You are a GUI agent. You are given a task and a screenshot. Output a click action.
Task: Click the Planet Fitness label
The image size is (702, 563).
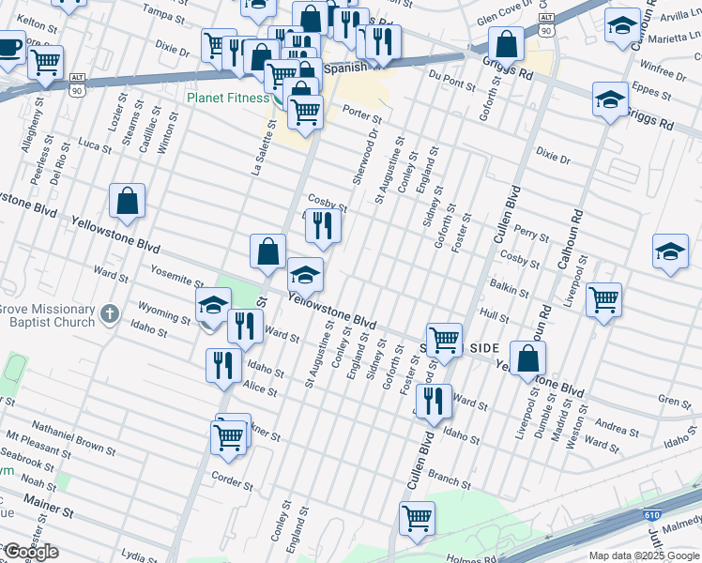pos(229,97)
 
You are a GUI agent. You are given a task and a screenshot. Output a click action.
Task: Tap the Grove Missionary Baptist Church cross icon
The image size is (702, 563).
pos(110,312)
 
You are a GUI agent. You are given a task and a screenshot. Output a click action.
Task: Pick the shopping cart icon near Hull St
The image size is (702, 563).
pos(603,300)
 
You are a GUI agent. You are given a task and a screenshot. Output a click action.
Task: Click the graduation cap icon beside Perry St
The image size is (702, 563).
pos(670,251)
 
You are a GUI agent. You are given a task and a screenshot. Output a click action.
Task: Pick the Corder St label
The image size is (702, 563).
pos(234,481)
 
